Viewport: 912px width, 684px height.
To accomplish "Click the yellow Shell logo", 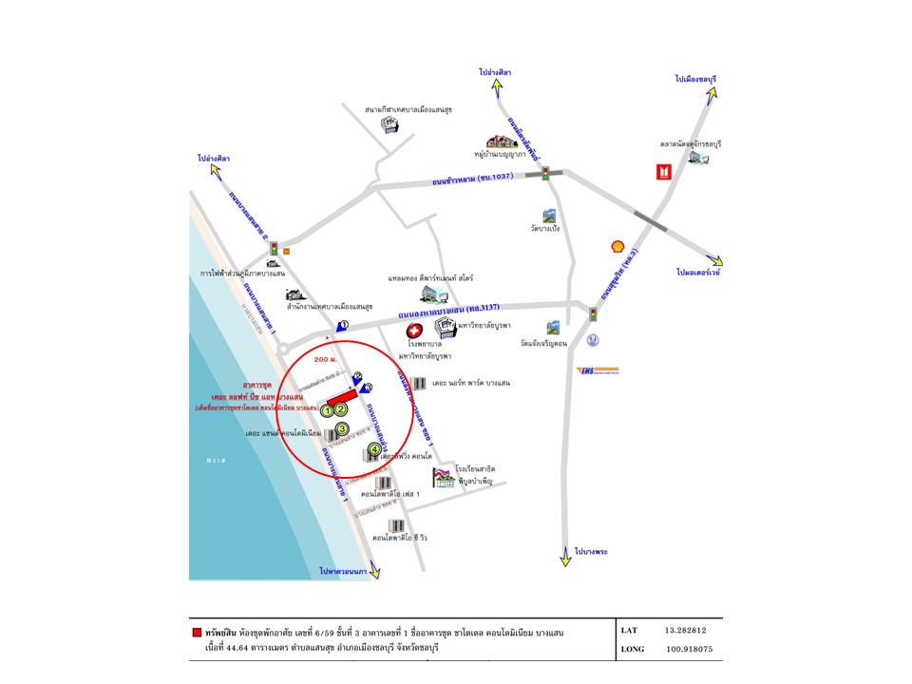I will [617, 247].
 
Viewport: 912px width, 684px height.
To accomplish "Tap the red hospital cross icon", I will [413, 328].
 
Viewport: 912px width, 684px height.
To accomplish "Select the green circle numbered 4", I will [375, 449].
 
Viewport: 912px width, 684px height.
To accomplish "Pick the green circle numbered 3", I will [342, 428].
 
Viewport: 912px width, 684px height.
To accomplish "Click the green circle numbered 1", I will [326, 410].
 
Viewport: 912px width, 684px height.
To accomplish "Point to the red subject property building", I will [341, 396].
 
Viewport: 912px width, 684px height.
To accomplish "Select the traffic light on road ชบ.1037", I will [545, 173].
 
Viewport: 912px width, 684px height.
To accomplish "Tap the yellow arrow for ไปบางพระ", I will [565, 560].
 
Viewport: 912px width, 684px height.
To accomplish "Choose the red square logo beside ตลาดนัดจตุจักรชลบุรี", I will [663, 172].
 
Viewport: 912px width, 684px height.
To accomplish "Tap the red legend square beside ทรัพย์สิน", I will [197, 631].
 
